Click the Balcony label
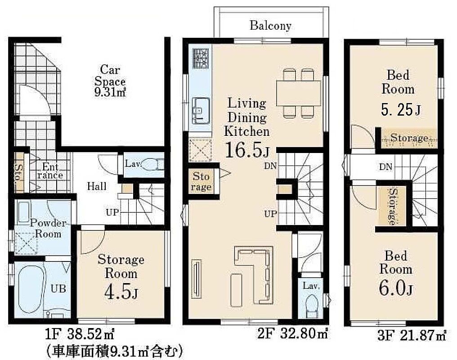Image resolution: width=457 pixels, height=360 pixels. pyautogui.click(x=270, y=26)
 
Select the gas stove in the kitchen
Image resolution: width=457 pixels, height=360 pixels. pyautogui.click(x=200, y=58)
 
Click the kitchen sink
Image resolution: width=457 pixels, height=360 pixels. pyautogui.click(x=201, y=110)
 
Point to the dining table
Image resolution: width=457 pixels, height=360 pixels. pyautogui.click(x=299, y=93)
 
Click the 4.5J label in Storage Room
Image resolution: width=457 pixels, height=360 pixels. pyautogui.click(x=121, y=292)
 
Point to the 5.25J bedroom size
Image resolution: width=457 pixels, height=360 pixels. pyautogui.click(x=401, y=110)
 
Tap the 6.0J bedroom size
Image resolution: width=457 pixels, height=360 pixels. pyautogui.click(x=396, y=288)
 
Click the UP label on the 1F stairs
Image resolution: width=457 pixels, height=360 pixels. pyautogui.click(x=112, y=212)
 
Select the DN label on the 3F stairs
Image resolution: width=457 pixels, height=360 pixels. pyautogui.click(x=385, y=167)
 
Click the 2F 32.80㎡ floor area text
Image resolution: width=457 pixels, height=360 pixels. pyautogui.click(x=292, y=333)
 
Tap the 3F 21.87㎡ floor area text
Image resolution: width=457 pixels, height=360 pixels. pyautogui.click(x=412, y=335)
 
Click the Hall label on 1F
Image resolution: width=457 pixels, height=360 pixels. pyautogui.click(x=97, y=186)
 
